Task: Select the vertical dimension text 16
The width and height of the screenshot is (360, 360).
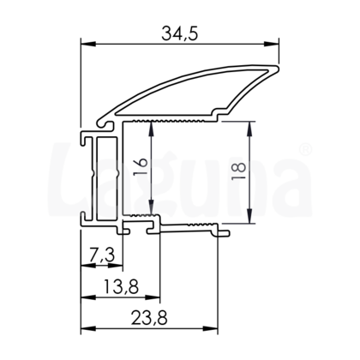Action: (x=142, y=168)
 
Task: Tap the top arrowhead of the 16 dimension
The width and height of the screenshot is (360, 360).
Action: (x=153, y=126)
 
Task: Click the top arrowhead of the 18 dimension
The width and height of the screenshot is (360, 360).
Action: (x=250, y=125)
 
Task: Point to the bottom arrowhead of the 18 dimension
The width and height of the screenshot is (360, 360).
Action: (x=250, y=221)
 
